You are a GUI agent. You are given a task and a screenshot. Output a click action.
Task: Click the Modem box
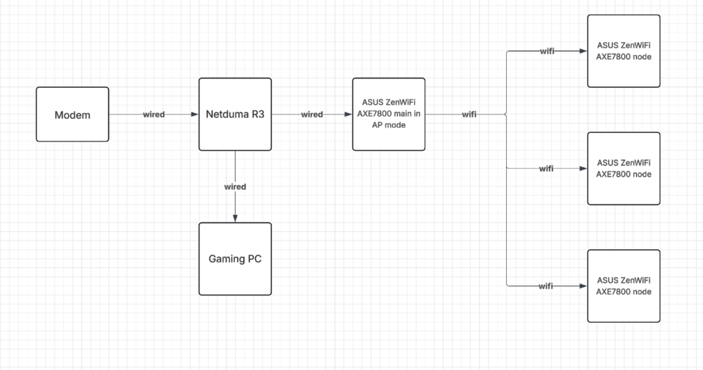tap(72, 114)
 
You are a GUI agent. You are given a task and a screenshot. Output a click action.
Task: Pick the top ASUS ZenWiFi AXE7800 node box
tap(624, 51)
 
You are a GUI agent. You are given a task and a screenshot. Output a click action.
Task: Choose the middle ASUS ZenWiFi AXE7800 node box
tap(624, 168)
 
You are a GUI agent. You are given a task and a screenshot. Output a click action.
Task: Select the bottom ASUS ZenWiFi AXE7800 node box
tap(624, 286)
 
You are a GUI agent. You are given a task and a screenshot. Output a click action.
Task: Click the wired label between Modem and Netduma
tap(154, 115)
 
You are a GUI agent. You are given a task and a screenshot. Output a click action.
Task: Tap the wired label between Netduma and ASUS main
tap(311, 115)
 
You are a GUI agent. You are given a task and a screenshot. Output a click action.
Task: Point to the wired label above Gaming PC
tap(235, 187)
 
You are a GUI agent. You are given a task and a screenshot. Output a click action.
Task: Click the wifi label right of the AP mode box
tap(469, 115)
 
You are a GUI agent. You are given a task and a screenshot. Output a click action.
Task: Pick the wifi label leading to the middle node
tap(546, 169)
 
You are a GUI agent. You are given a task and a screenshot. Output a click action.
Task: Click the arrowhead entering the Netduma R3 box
tap(195, 115)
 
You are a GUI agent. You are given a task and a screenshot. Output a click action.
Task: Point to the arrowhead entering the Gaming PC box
tap(235, 219)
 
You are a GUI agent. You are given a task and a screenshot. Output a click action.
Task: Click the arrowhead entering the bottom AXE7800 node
tap(583, 286)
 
